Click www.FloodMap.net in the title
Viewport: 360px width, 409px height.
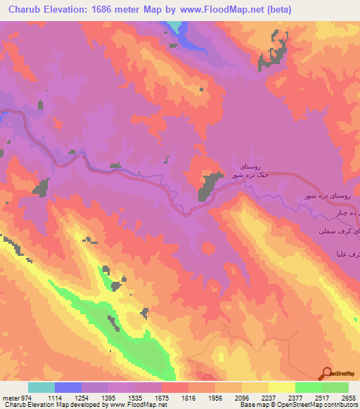point(222,10)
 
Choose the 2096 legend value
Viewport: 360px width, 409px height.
point(259,398)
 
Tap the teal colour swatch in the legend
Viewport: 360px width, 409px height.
point(41,387)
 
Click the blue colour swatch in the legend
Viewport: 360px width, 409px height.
point(68,387)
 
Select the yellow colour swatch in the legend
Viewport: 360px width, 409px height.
point(281,387)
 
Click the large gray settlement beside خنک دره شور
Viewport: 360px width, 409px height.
point(208,187)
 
